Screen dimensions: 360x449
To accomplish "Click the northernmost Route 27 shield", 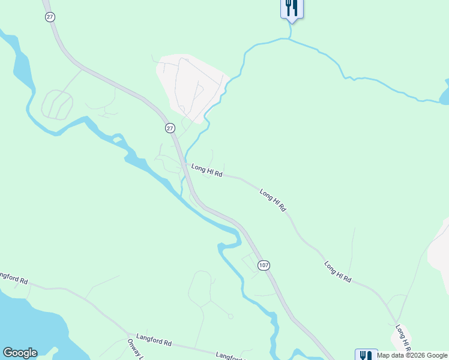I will coord(50,17).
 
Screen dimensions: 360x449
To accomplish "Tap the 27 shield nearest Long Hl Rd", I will coord(170,128).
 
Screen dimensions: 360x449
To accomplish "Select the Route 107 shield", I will coord(263,265).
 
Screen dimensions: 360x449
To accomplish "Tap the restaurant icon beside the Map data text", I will coord(366,355).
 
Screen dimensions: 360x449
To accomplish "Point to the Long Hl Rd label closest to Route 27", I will coord(206,171).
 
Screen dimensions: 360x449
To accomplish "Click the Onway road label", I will coord(134,349).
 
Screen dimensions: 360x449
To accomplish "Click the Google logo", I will coord(20,353).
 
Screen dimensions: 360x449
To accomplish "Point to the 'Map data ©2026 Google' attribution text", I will coord(412,355).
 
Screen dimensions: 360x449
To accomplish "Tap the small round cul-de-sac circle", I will coord(231,316).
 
